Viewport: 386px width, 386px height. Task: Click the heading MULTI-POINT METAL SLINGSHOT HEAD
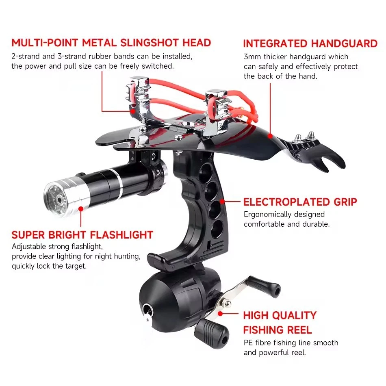(x=111, y=43)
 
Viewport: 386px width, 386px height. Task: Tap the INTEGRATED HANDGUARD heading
(x=310, y=44)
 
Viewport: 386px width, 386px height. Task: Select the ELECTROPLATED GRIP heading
(x=300, y=202)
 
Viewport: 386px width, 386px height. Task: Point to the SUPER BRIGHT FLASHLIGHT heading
(x=82, y=235)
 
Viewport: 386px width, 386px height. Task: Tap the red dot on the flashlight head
(x=81, y=209)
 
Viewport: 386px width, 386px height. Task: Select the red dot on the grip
(x=222, y=201)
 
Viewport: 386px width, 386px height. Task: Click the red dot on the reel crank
(x=220, y=313)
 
